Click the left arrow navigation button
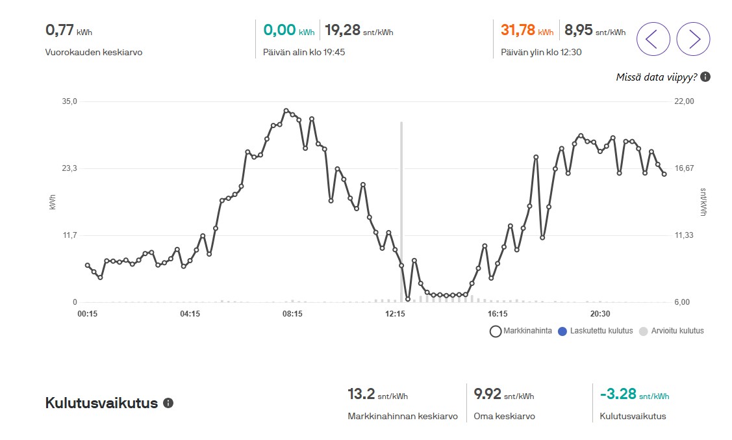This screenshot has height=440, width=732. [653, 39]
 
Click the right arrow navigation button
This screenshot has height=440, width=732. [693, 39]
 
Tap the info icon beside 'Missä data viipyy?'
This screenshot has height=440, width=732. [705, 77]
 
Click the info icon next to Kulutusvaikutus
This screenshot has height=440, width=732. [168, 403]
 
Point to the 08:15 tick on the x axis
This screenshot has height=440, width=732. [292, 314]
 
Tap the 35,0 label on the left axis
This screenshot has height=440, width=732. [69, 101]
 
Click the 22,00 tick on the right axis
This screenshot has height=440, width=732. [685, 101]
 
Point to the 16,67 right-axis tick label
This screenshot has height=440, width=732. [685, 168]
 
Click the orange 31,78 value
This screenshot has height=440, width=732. [518, 30]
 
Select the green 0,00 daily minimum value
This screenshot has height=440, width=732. [280, 30]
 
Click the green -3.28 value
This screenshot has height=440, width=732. [618, 394]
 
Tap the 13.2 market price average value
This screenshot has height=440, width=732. [361, 394]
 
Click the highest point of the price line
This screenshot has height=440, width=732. [286, 111]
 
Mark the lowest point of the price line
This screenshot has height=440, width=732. [408, 299]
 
